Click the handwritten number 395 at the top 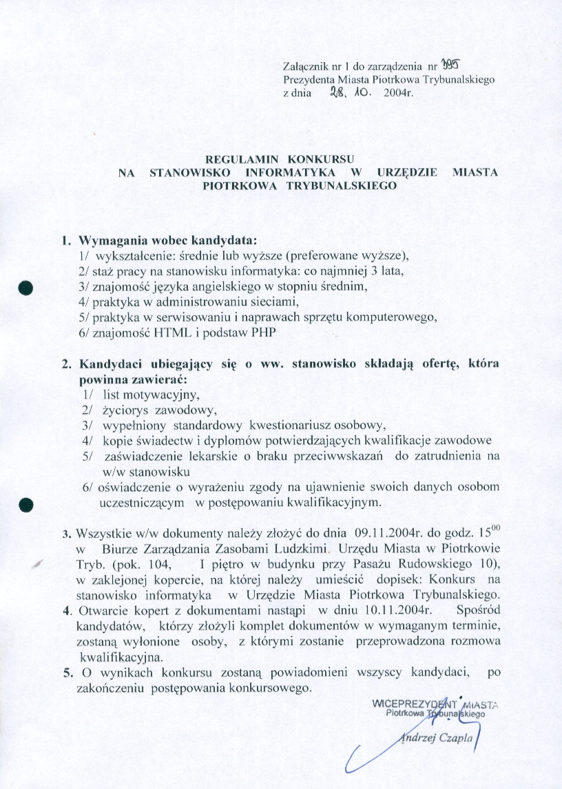450,66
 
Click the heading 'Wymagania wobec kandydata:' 168,241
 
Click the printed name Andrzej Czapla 437,738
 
